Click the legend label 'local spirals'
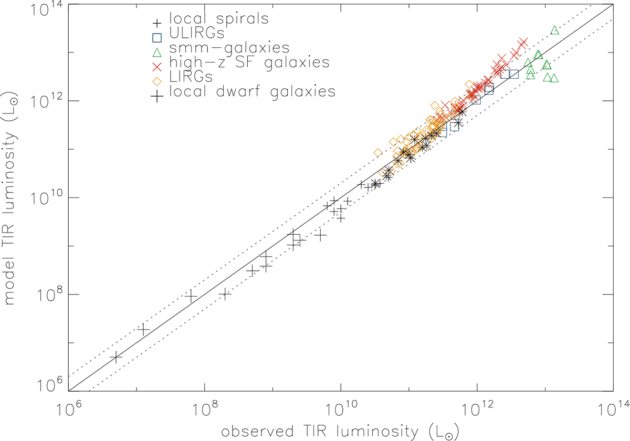(x=219, y=18)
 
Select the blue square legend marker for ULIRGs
(x=157, y=38)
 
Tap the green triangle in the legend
(x=157, y=52)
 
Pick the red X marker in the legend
(x=157, y=67)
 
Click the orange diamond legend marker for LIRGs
(x=157, y=81)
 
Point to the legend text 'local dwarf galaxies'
(x=253, y=92)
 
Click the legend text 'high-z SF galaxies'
(x=249, y=62)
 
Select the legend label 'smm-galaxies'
(x=229, y=48)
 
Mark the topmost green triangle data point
(x=554, y=30)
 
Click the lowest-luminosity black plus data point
(x=115, y=357)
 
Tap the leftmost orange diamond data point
(x=377, y=153)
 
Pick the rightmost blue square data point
(x=514, y=74)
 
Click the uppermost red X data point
(x=523, y=43)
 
